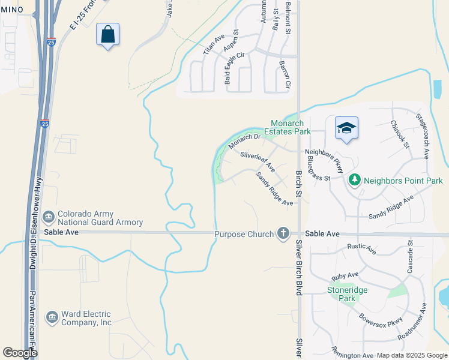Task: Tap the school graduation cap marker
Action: point(346,128)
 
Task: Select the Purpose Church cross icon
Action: point(283,233)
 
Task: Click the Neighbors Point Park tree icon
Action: point(355,179)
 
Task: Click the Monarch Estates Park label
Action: point(290,127)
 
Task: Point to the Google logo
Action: point(20,353)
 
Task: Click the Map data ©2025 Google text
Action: point(411,355)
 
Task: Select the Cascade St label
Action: point(410,256)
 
